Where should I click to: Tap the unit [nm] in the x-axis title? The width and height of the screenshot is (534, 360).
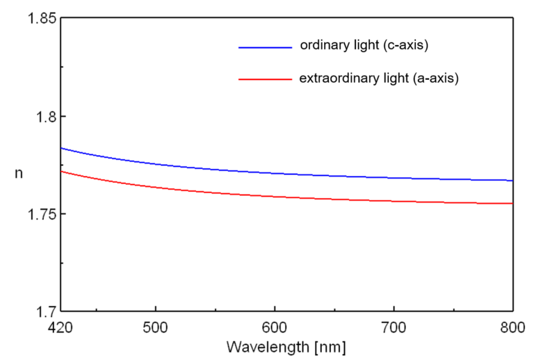(329, 345)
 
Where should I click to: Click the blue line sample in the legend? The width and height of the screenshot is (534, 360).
(264, 47)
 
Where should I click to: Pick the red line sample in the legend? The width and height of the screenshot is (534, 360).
(264, 80)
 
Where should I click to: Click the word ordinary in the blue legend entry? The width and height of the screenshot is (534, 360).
(323, 47)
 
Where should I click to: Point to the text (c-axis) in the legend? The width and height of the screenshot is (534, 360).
(404, 47)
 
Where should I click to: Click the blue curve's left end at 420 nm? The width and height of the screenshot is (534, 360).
(62, 148)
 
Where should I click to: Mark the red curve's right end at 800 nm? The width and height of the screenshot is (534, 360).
(512, 204)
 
